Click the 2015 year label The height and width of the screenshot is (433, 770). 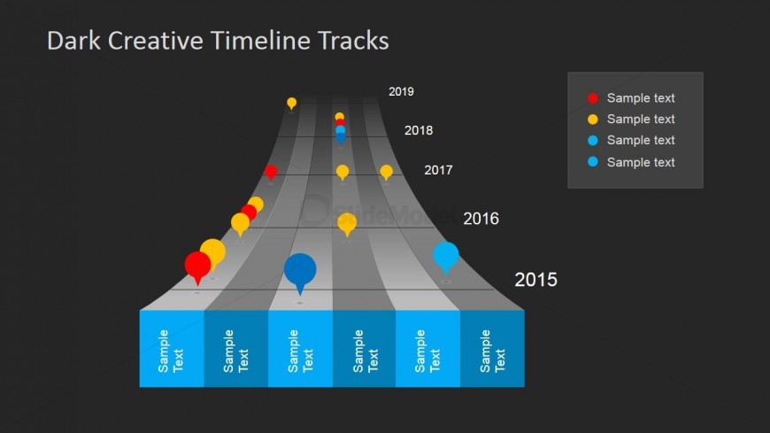pos(535,280)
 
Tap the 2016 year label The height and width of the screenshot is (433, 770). pos(481,219)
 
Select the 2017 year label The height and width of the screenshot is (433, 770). pos(438,170)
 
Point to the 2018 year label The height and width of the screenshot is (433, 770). pos(419,130)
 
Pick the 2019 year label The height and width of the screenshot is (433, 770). pos(401,91)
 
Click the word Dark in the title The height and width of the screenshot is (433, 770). pos(73,41)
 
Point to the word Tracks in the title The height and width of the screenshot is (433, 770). pos(353,41)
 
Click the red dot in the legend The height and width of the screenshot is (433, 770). pos(593,98)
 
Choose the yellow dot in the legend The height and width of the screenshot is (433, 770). pos(593,120)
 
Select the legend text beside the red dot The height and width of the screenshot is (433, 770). pos(641,97)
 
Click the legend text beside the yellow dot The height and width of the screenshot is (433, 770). pos(641,119)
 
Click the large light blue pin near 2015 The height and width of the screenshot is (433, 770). pos(446,256)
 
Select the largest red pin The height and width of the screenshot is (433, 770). pos(198,266)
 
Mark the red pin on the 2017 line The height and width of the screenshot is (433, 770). pos(271,172)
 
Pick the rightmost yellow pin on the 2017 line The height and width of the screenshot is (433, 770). pos(387,172)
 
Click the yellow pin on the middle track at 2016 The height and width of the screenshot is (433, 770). pos(347,223)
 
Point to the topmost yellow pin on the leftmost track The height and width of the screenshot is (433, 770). pos(292,103)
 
